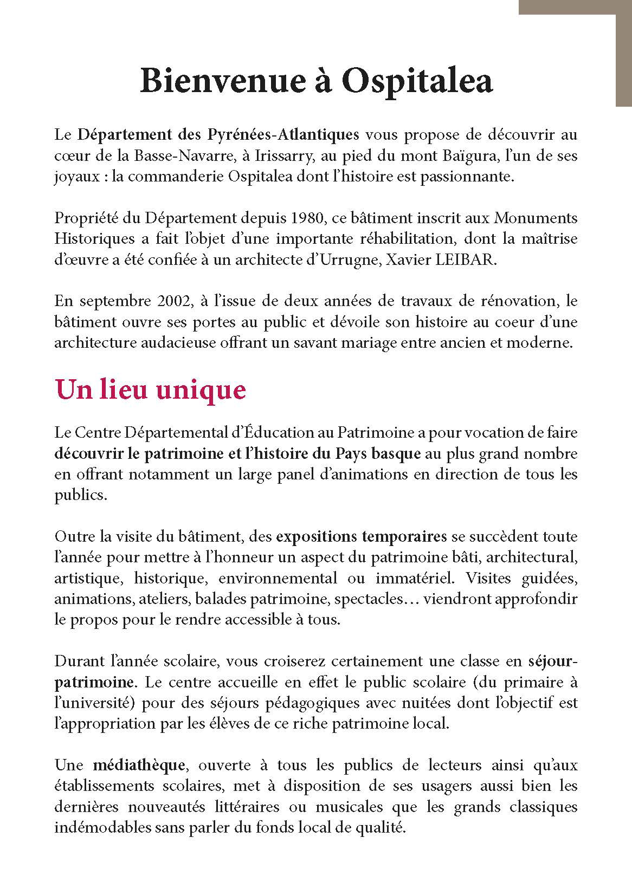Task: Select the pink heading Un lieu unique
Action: (151, 389)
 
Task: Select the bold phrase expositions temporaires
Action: (362, 536)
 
